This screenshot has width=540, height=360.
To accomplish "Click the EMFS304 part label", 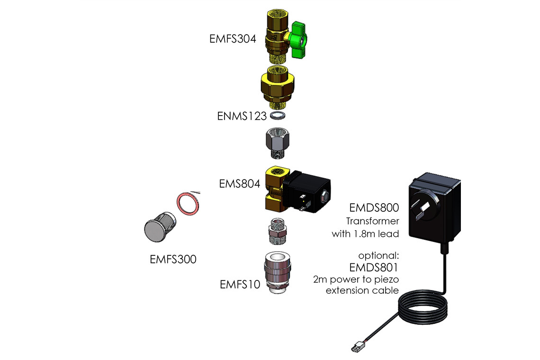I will [233, 39].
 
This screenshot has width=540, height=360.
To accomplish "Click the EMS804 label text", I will [240, 183].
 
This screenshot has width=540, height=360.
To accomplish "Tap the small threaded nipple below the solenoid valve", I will [278, 230].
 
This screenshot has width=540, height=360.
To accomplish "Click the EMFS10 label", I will [240, 284].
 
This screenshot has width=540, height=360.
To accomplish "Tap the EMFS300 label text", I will [173, 259].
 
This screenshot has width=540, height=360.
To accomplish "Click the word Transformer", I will [372, 221].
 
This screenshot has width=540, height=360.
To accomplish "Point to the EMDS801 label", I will [374, 268].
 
